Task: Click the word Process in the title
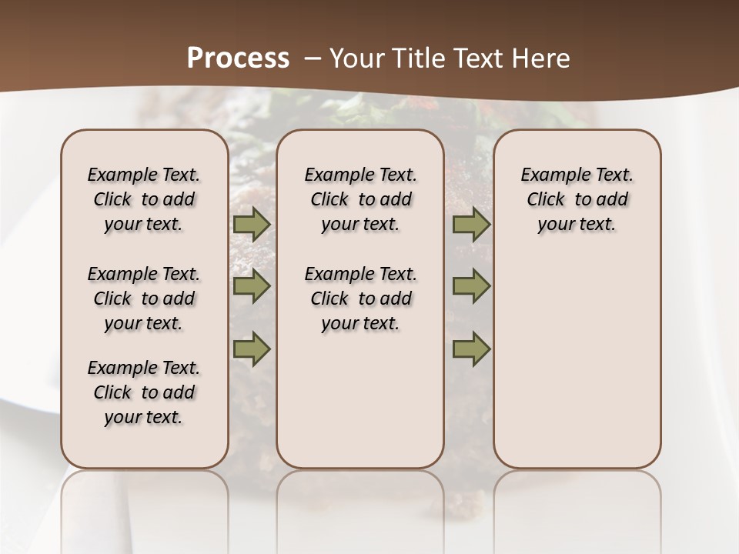[x=238, y=58]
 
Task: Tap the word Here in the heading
[x=540, y=58]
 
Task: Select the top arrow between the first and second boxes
[x=251, y=225]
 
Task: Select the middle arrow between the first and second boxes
[x=251, y=287]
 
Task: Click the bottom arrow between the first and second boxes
[x=251, y=349]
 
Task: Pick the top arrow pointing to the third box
[x=471, y=225]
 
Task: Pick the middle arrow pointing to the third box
[x=471, y=287]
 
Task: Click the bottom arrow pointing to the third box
[x=471, y=349]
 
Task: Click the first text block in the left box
[x=144, y=199]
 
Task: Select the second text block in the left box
[x=144, y=299]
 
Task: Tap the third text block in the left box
[x=144, y=392]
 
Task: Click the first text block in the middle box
[x=360, y=199]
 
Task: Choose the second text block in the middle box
[x=360, y=299]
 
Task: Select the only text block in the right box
[x=577, y=199]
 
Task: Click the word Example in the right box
[x=550, y=175]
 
